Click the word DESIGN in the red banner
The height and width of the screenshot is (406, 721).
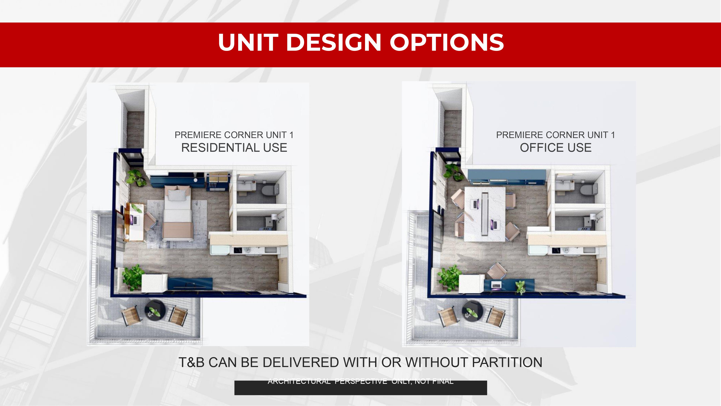click(x=334, y=42)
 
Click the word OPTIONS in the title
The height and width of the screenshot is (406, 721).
click(x=447, y=42)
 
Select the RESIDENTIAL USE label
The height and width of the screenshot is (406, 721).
click(x=234, y=148)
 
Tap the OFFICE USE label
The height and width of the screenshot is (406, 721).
click(x=556, y=148)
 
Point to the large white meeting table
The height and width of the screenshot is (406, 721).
click(x=485, y=214)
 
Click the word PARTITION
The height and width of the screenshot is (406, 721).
click(x=507, y=362)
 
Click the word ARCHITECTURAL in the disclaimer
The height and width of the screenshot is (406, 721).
click(x=299, y=381)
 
